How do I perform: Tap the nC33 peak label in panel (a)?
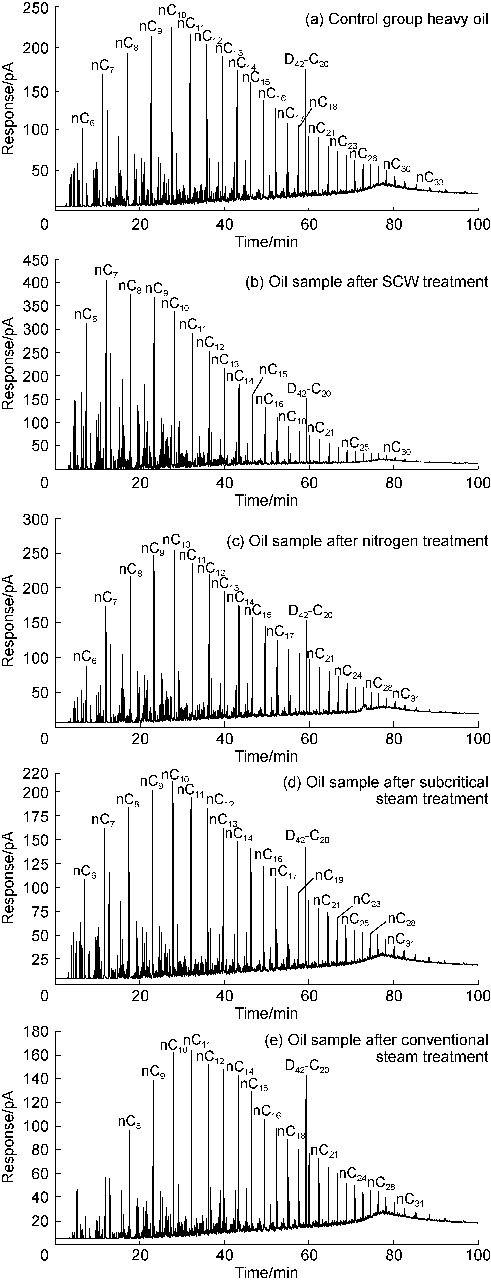[430, 179]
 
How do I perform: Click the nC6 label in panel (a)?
[83, 119]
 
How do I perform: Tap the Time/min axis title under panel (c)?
[267, 756]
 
